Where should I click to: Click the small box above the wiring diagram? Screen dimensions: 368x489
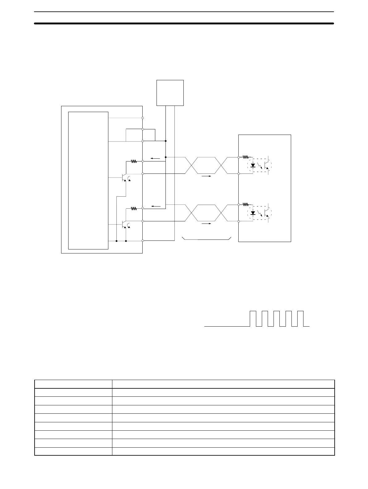coord(170,93)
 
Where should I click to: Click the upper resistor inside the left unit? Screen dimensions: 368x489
coord(134,161)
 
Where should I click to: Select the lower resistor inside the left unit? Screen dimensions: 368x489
coord(134,209)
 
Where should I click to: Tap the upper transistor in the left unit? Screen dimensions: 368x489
coord(124,178)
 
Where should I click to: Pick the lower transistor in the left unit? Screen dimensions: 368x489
coord(124,225)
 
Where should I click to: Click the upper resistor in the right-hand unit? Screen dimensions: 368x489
coord(246,157)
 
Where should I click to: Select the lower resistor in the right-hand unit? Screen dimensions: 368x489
coord(246,204)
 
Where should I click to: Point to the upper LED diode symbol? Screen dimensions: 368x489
coord(253,165)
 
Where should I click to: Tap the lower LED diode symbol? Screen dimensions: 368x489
coord(253,213)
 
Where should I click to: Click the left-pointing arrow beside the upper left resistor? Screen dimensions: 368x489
coord(155,159)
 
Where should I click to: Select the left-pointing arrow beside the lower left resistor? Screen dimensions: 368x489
coord(156,206)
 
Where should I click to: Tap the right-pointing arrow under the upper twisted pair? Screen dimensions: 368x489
coord(206,176)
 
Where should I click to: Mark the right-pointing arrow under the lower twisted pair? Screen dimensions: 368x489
coord(206,224)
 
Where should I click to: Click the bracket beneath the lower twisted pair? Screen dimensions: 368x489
coord(207,239)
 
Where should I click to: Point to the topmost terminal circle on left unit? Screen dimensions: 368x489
coord(143,118)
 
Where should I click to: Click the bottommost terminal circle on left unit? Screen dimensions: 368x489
coord(143,240)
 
